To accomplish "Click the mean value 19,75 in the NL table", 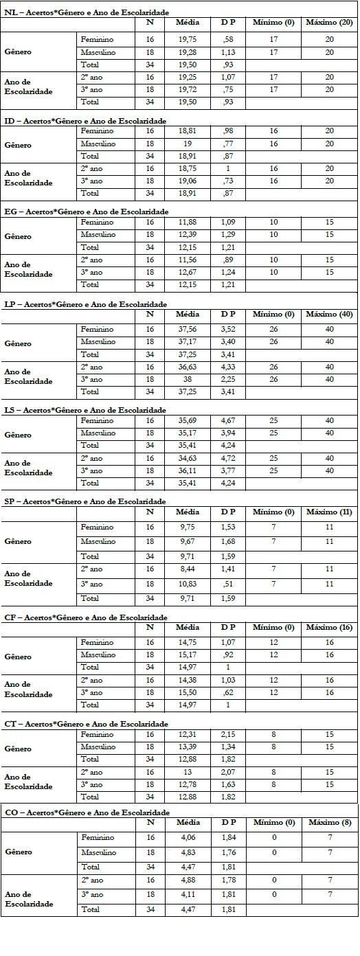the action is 188,40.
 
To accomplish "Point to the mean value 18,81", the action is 188,130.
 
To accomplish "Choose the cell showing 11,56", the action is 188,260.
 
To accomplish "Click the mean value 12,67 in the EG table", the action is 188,272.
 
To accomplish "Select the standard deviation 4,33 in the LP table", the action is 228,367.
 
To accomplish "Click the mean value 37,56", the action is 188,329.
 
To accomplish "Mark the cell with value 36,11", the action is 188,470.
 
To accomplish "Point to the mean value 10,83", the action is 188,584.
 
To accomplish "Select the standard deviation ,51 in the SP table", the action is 228,584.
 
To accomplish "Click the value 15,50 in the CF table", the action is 188,692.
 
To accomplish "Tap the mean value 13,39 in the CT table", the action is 188,747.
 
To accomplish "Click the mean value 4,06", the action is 188,838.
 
